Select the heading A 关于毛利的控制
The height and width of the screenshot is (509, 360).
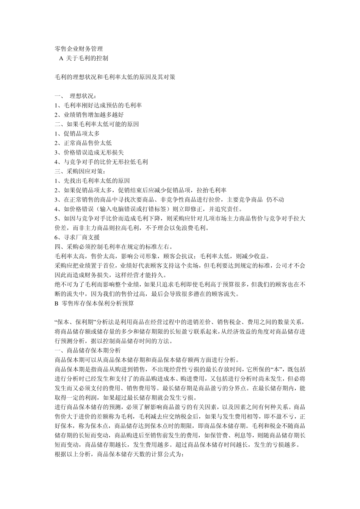coord(84,58)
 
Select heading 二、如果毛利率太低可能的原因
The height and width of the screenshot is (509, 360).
coord(97,124)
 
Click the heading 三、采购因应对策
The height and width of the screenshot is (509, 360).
coord(78,171)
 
